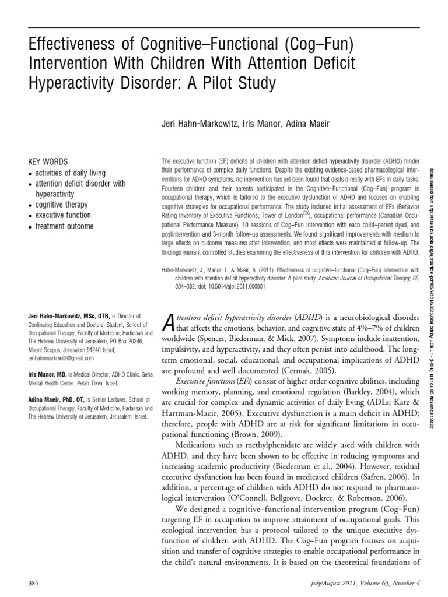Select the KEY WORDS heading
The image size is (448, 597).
(x=48, y=161)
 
